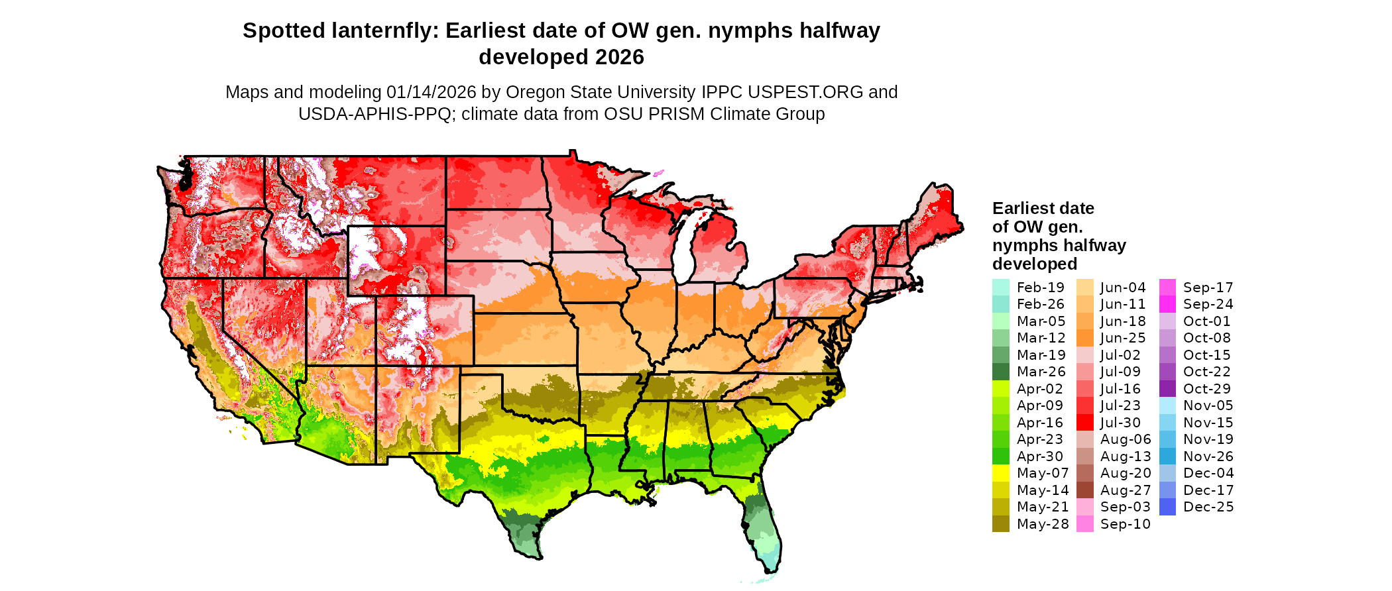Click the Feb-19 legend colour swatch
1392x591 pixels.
pos(1000,288)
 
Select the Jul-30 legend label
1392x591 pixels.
pos(1120,423)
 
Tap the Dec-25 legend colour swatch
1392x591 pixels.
pos(1168,507)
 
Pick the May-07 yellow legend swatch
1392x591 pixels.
pos(1000,473)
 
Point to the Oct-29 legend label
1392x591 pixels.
pos(1206,389)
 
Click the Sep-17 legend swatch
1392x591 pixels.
pos(1168,288)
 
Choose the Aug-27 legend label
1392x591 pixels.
pos(1125,490)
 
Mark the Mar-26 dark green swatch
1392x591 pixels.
pos(1000,372)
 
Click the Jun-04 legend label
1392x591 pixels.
pos(1123,288)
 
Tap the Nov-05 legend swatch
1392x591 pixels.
pos(1168,405)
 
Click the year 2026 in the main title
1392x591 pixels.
pos(619,58)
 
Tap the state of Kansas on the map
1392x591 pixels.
pos(524,339)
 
